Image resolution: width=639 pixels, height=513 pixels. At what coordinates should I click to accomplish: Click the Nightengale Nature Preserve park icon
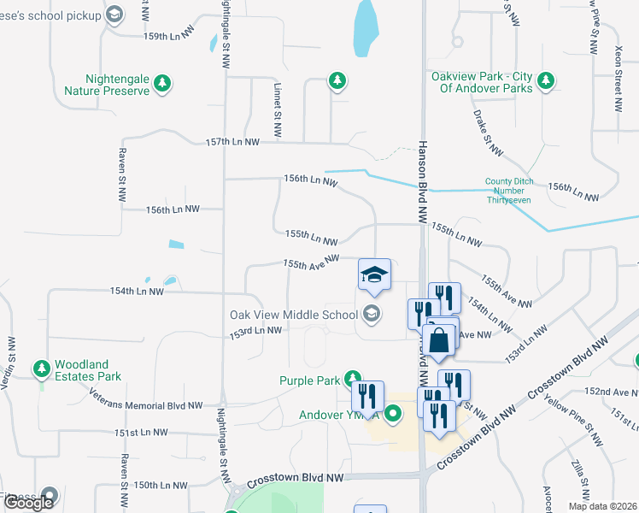pos(162,84)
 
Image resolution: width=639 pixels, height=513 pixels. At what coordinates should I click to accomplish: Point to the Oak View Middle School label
pos(293,315)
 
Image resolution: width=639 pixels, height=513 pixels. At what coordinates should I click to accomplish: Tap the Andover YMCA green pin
pos(393,416)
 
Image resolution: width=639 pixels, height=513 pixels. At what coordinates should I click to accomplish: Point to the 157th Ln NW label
pos(232,142)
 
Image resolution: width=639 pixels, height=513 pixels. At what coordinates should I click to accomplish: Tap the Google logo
pos(29,503)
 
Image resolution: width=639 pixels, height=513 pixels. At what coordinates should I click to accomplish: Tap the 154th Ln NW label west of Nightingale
pos(136,291)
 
